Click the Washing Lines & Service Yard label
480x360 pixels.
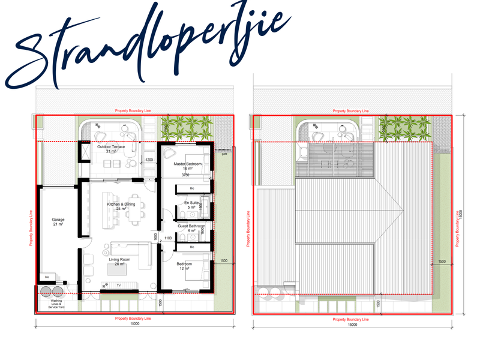tap(56, 304)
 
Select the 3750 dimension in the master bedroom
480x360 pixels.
tap(185, 176)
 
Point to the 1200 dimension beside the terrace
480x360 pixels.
tap(150, 160)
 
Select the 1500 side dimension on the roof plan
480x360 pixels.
tap(442, 262)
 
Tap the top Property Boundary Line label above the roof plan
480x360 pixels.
tap(351, 111)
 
